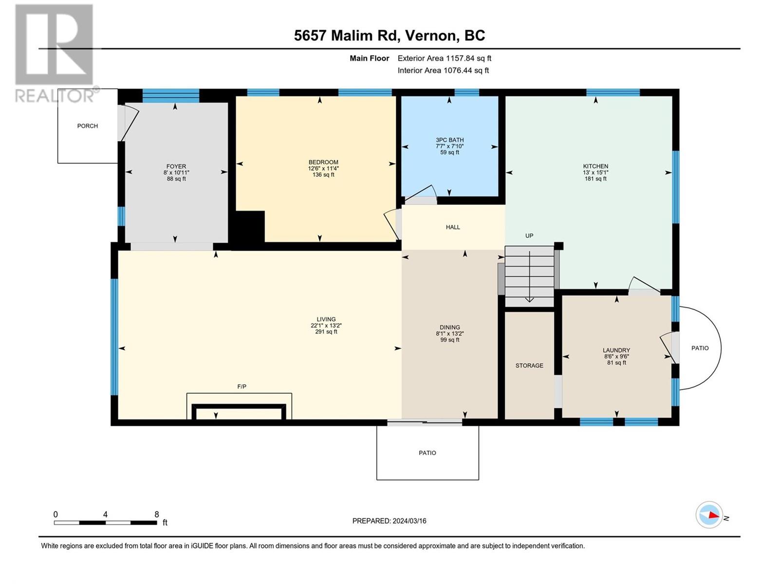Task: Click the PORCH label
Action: point(87,126)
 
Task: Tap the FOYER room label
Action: point(176,166)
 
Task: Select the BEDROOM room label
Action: point(323,163)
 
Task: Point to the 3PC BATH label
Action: point(450,140)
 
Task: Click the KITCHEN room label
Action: point(595,166)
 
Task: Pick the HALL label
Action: point(453,227)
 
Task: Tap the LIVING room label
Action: point(326,319)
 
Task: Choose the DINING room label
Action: point(450,328)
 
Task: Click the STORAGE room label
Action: point(529,365)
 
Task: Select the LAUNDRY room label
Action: point(616,350)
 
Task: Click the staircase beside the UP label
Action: point(529,276)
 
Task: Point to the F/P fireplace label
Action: point(241,386)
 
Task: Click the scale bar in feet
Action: point(105,523)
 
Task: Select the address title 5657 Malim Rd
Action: point(345,36)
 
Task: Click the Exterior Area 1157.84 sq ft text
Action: point(445,58)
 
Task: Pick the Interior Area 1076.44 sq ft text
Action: point(443,71)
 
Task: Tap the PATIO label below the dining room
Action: point(427,453)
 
